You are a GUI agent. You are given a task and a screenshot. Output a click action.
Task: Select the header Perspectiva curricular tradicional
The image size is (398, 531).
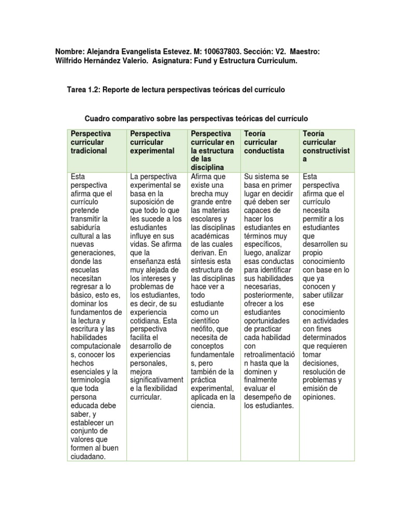89,142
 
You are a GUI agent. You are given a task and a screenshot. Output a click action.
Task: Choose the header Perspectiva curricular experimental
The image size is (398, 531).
152,142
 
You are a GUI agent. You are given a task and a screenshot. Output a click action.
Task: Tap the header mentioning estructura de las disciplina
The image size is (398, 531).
212,150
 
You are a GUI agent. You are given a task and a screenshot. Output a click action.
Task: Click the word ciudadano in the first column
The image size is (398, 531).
88,456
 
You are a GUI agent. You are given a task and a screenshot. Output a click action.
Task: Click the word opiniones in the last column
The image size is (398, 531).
319,397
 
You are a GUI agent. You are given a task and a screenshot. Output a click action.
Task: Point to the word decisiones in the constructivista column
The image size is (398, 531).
320,363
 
